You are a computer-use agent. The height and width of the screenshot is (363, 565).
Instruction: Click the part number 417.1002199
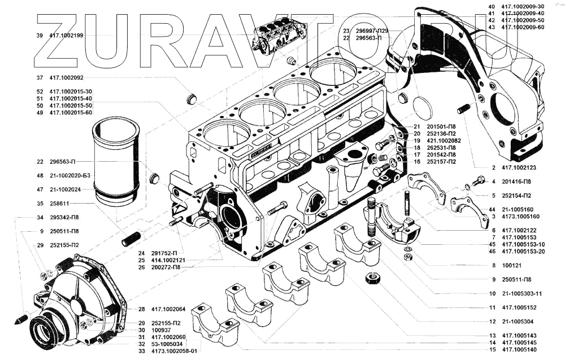pos(67,35)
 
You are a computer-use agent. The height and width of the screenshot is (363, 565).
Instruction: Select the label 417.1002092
pos(67,77)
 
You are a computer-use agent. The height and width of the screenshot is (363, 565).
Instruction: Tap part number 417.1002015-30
pos(71,92)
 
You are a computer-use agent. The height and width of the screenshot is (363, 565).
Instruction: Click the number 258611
pos(59,204)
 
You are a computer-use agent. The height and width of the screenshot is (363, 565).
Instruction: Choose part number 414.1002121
pos(171,260)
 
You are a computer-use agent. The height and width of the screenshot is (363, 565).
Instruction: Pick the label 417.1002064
pos(169,309)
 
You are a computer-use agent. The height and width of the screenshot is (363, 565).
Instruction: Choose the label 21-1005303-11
pos(523,294)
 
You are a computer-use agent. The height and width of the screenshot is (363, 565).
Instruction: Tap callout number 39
pos(39,35)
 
